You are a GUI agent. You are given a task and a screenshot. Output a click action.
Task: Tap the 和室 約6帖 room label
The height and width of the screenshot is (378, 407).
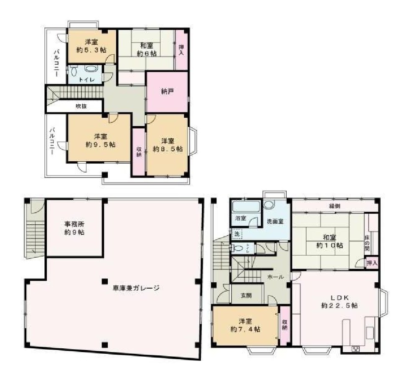[x=148, y=49]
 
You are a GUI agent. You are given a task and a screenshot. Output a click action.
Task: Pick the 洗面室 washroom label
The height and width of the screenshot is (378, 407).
[x=275, y=221]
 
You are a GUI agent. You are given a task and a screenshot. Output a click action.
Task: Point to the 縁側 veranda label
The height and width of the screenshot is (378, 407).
[x=334, y=206]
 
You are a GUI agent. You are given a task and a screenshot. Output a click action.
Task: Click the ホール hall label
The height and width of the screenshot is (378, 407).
[x=275, y=277]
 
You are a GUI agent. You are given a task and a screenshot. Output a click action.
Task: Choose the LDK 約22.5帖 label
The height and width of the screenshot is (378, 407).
[x=339, y=302]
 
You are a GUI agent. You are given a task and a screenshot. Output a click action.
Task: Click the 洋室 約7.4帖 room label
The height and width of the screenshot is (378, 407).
[x=245, y=325]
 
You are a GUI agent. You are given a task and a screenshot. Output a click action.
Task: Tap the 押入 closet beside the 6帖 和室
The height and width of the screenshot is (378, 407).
[x=181, y=50]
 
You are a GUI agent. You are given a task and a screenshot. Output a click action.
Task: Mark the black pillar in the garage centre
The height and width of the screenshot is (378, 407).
[x=104, y=281]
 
